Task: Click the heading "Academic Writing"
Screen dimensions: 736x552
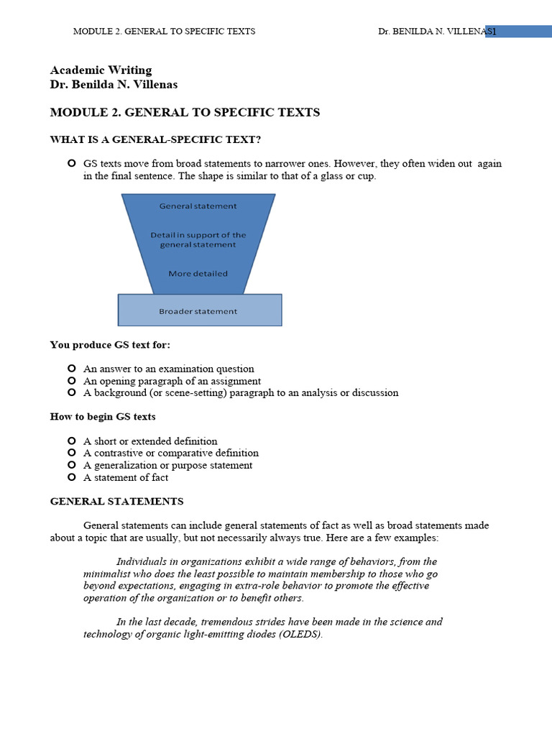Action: point(101,70)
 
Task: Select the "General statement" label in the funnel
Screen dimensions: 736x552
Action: point(198,206)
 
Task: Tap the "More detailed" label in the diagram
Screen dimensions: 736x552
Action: point(198,274)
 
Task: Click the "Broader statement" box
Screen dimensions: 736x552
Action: point(199,311)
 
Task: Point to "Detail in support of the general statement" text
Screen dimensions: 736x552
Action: point(198,240)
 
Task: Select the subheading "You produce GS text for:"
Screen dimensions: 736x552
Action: point(110,345)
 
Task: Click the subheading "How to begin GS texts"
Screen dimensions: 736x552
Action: point(103,417)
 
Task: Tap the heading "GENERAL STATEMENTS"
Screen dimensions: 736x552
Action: point(116,502)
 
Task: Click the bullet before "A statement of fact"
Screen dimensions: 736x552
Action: point(71,477)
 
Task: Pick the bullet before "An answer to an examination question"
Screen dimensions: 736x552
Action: point(71,369)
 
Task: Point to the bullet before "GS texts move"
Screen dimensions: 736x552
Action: point(71,164)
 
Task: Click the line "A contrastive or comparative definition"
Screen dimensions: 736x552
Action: point(171,454)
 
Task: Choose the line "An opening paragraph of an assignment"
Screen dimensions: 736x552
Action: point(172,382)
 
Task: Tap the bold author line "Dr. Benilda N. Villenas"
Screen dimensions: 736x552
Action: point(114,85)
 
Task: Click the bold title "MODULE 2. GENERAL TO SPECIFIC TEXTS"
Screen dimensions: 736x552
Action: point(185,113)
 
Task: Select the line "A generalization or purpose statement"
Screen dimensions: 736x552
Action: point(167,466)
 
